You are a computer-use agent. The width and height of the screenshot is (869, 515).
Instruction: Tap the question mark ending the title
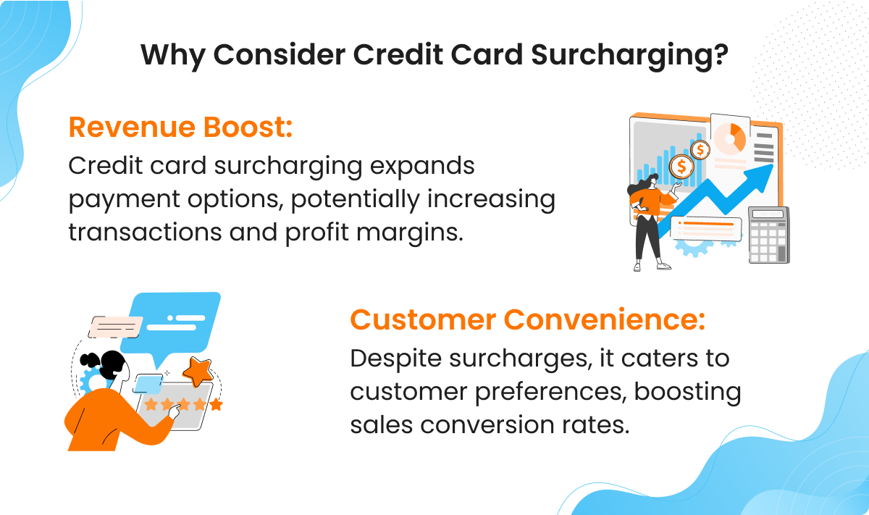pos(719,55)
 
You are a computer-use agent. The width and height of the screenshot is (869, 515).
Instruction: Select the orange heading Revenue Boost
pos(180,127)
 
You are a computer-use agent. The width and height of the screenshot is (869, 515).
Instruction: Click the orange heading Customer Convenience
pos(527,319)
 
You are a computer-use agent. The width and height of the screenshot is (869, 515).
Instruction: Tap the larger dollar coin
pos(681,166)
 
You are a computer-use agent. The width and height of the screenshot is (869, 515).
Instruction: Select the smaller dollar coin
pos(700,149)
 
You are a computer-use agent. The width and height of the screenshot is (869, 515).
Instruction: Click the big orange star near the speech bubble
pos(196,371)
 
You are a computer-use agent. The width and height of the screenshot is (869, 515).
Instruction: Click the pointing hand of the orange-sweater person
pos(174,411)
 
